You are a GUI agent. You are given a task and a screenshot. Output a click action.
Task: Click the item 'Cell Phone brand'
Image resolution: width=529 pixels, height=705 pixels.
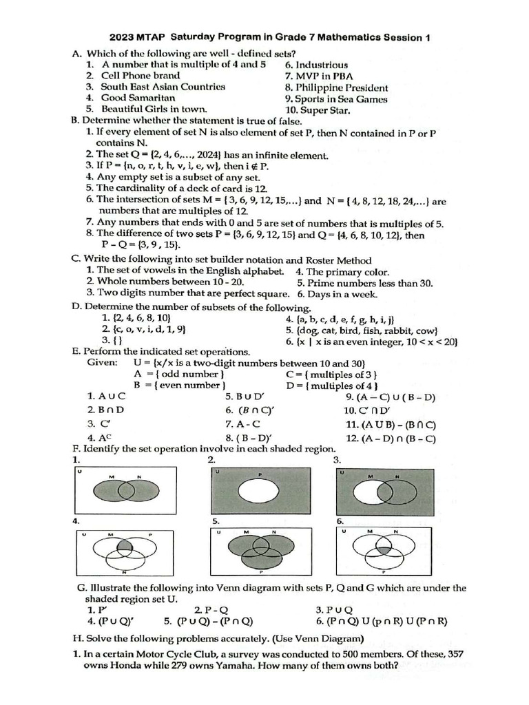141,76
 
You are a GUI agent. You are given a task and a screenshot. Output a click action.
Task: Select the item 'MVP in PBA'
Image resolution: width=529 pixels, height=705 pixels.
313,76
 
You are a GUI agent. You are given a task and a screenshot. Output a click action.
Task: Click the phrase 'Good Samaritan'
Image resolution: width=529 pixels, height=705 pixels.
138,98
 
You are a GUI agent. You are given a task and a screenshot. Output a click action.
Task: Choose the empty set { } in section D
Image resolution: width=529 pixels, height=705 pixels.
118,341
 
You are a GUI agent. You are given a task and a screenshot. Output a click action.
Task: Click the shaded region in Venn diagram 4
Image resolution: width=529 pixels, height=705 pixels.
124,547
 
